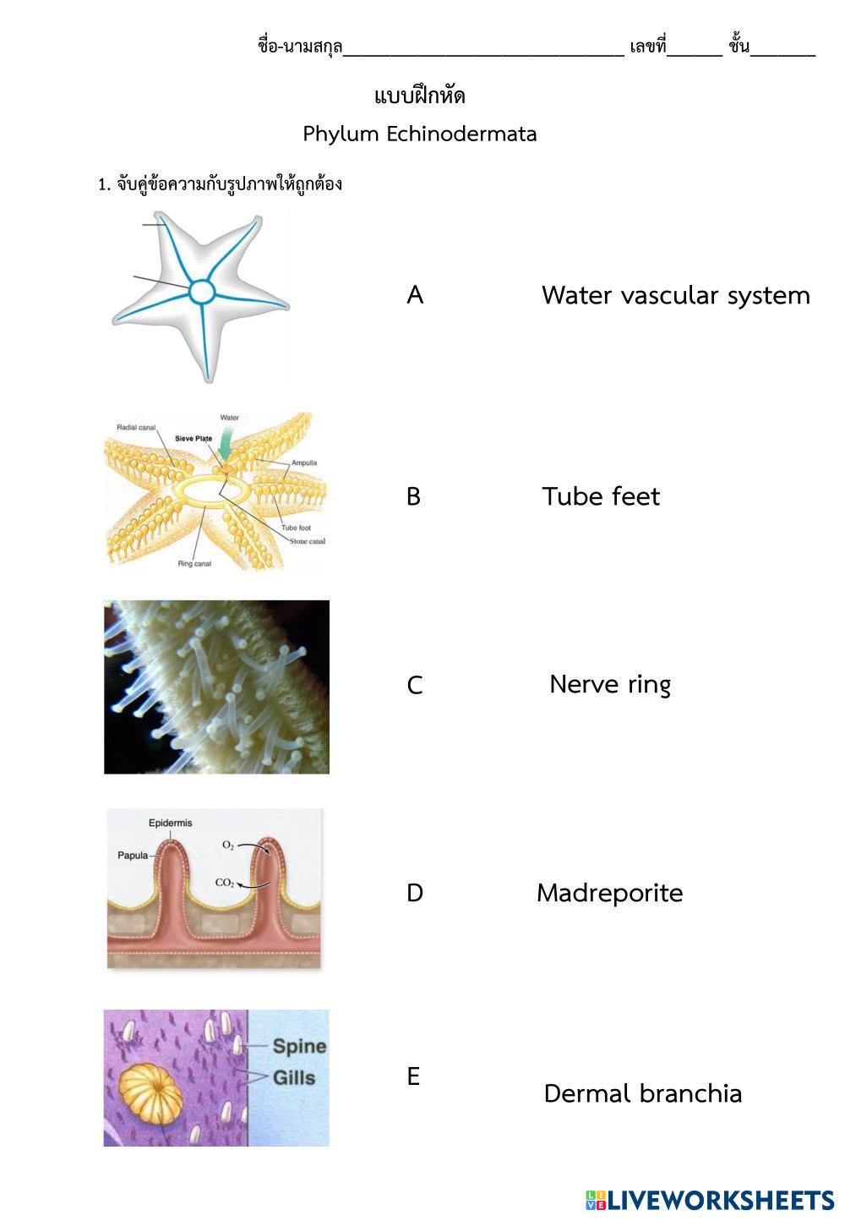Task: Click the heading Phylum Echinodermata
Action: [420, 134]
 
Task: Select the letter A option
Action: [415, 295]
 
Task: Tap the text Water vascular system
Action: [675, 295]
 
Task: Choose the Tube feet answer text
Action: [601, 496]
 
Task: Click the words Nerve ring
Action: [610, 684]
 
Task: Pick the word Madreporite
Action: [609, 893]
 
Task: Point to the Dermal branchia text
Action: [643, 1093]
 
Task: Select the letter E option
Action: [413, 1076]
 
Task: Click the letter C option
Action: [415, 685]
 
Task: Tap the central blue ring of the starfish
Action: [202, 292]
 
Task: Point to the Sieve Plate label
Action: [194, 439]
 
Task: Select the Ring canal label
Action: [194, 564]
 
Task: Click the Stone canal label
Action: [308, 541]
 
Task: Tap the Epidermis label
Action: [170, 823]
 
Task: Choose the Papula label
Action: [133, 856]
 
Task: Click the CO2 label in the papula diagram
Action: [225, 883]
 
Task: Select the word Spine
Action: [299, 1046]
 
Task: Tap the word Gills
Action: [294, 1078]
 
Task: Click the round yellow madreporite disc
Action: [150, 1091]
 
